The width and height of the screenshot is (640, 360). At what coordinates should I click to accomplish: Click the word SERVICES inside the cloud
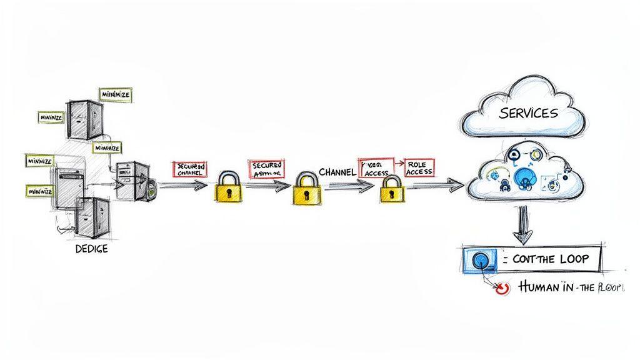(527, 114)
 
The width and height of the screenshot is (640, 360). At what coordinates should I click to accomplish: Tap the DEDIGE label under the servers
(91, 249)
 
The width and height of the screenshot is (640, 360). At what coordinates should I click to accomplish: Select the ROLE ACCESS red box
(419, 167)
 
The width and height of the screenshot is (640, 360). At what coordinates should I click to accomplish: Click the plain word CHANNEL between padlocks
(337, 171)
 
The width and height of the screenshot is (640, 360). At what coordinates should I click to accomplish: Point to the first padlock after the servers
(229, 187)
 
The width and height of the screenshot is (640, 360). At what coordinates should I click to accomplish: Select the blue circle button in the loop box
(480, 259)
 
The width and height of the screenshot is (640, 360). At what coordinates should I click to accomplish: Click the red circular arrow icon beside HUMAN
(500, 287)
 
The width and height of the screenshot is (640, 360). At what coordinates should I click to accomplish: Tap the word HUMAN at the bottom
(536, 287)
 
